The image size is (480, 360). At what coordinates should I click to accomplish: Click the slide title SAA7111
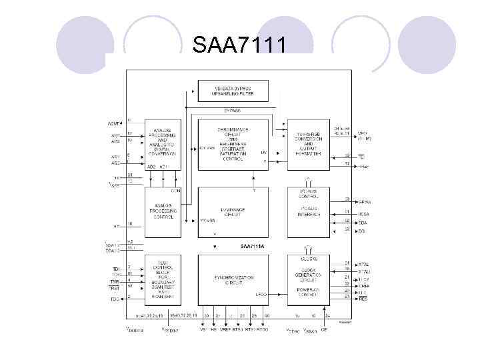tap(240, 46)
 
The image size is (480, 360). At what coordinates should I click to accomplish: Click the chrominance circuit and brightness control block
tap(233, 143)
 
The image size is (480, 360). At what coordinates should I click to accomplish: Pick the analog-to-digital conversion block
tap(163, 144)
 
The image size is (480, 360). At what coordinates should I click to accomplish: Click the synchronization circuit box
tap(233, 279)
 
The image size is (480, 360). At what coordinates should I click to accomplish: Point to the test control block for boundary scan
tap(163, 279)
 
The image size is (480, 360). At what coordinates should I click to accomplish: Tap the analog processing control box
tap(163, 211)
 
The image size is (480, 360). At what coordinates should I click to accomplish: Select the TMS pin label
tap(114, 282)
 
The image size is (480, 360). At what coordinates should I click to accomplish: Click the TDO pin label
tap(114, 299)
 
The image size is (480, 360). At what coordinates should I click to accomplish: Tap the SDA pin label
tap(363, 222)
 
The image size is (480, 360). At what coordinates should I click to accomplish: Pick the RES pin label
tap(363, 299)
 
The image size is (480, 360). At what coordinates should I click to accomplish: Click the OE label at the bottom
tap(324, 329)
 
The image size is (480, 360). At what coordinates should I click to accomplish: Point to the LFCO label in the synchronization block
tap(261, 294)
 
